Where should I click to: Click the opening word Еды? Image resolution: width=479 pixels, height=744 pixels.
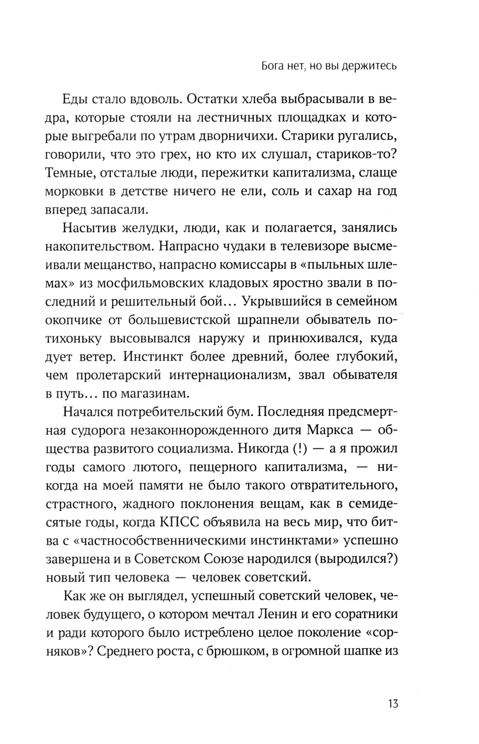[x=74, y=100]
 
